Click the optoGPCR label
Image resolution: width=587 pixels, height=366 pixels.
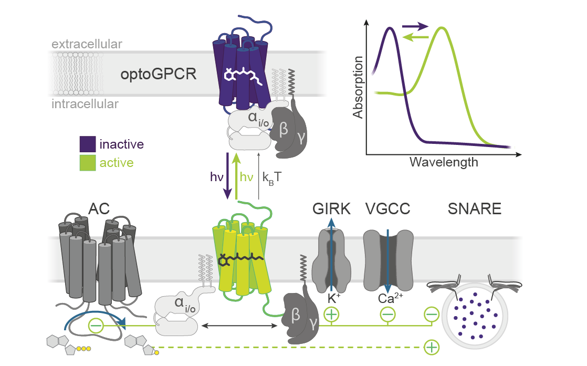tap(158, 74)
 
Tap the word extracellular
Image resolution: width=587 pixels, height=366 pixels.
tap(87, 44)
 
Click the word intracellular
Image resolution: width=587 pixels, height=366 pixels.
tap(85, 104)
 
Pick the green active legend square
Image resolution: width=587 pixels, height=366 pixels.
tap(88, 162)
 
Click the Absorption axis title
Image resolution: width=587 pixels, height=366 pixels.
tap(358, 87)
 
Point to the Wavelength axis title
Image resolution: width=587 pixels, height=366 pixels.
tap(444, 162)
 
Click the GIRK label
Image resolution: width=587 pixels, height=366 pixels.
tap(331, 209)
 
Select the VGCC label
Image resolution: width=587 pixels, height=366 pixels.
tap(387, 209)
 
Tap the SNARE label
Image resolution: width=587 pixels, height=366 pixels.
tap(474, 209)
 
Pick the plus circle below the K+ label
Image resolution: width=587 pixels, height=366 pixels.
tap(332, 315)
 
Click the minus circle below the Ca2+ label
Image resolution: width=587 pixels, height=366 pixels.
tap(387, 315)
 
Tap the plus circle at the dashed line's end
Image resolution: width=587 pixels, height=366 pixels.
tap(431, 347)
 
